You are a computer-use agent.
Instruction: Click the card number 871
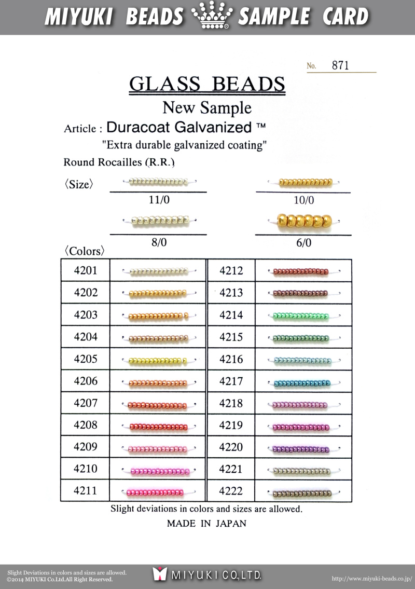[x=340, y=65]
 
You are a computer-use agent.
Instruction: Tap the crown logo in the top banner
[x=211, y=17]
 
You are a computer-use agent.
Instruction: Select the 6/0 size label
[x=303, y=243]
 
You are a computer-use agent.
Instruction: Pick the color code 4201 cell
[x=86, y=270]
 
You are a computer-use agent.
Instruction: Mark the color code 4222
[x=231, y=490]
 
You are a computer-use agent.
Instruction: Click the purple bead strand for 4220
[x=301, y=449]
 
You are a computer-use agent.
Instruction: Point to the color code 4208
[x=86, y=425]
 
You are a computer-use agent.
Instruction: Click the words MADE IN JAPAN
[x=206, y=524]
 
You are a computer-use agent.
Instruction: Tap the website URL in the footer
[x=371, y=578]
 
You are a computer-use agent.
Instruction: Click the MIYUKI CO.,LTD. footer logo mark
[x=160, y=574]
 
